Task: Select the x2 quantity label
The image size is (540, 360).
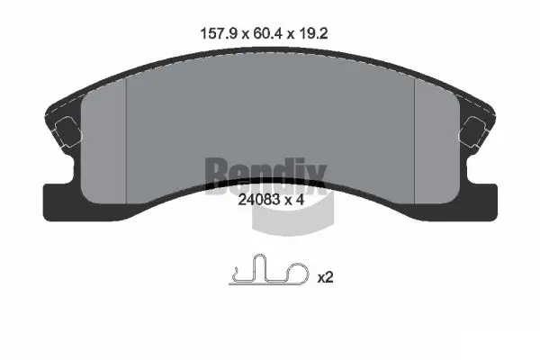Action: click(x=325, y=278)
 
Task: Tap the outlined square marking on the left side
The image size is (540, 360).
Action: click(x=65, y=132)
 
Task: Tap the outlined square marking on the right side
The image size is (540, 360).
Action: click(x=474, y=132)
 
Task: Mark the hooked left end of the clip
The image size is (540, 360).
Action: click(x=235, y=274)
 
